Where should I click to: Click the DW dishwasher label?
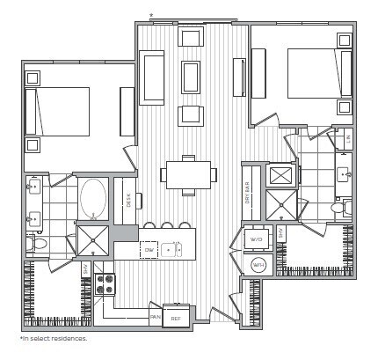149,250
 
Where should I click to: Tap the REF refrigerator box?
176,318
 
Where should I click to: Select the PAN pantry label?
155,317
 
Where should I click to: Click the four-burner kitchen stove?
105,284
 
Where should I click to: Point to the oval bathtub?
93,199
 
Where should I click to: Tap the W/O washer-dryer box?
258,239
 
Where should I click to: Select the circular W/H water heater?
258,264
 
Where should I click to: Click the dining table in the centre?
188,174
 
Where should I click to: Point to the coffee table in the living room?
191,76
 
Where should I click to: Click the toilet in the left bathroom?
33,242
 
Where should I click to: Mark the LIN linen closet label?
347,139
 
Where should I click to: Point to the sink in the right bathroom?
341,173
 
